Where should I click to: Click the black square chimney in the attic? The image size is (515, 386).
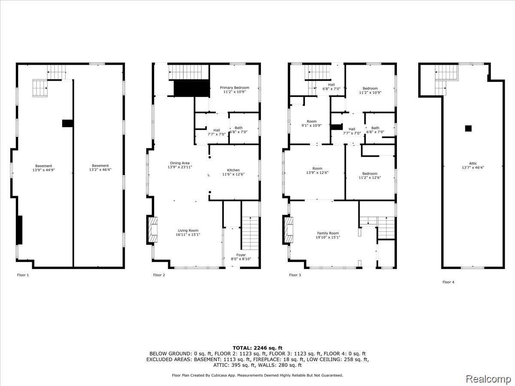tap(468, 128)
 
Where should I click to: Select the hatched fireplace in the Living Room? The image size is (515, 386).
tap(152, 230)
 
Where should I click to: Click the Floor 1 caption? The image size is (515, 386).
tap(23, 275)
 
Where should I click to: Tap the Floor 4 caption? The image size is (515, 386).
tap(448, 282)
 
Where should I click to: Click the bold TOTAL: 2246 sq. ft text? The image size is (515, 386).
tap(257, 348)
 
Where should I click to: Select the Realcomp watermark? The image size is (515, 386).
tap(488, 379)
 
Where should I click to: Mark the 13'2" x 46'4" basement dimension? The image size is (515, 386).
tap(100, 170)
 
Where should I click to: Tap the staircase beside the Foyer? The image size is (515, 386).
tap(251, 233)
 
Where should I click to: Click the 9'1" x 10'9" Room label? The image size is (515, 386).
tap(312, 124)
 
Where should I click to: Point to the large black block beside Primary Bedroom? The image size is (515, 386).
tap(192, 88)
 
